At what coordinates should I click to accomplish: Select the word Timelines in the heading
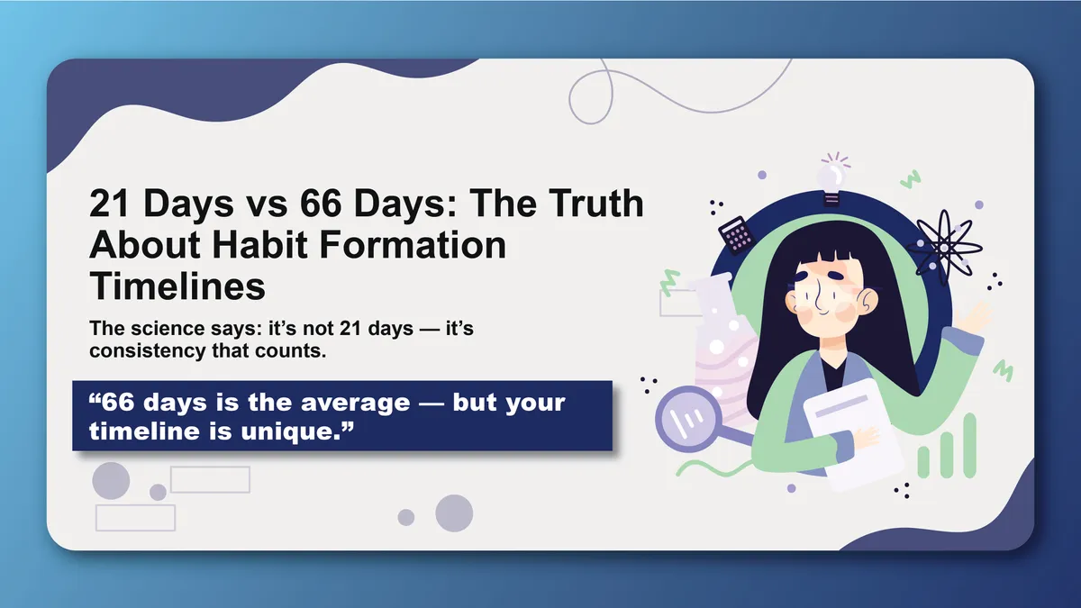pos(177,286)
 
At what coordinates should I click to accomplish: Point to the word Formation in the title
pos(413,245)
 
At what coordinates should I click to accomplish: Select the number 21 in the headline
pos(110,204)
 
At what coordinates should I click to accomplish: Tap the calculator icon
pos(737,235)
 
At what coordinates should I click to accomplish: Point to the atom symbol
pos(944,248)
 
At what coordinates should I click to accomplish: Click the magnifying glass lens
pos(688,418)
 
